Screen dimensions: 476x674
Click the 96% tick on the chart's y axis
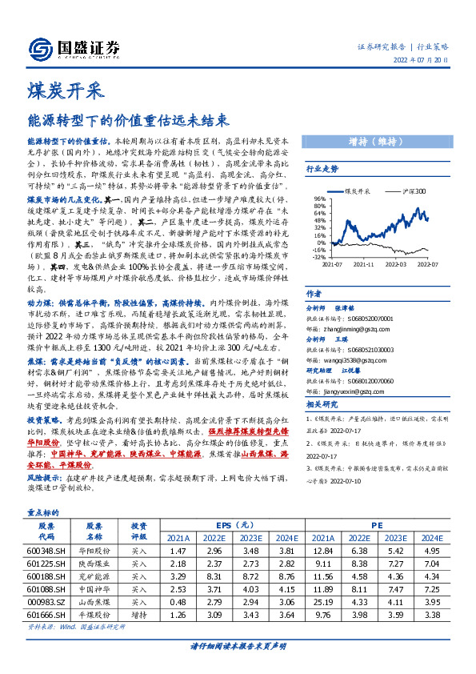(x=319, y=199)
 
